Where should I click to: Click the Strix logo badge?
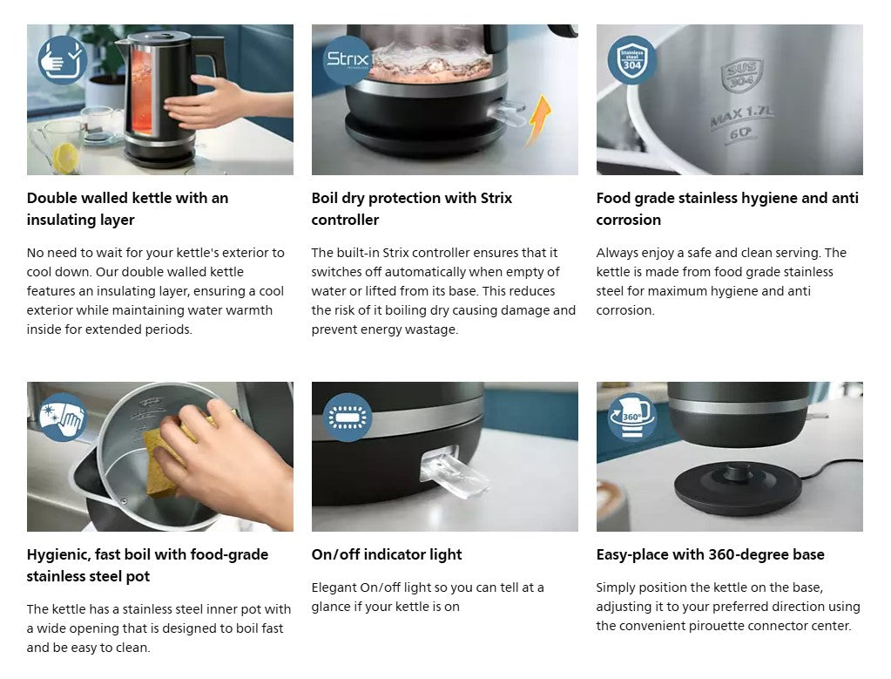click(348, 60)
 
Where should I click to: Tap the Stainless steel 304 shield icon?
click(631, 60)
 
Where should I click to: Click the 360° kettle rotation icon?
click(631, 418)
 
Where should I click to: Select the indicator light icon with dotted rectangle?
click(348, 418)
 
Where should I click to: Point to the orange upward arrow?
click(538, 120)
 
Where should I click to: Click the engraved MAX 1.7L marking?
click(742, 116)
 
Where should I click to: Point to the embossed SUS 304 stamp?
click(742, 74)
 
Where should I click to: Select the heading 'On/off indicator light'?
click(387, 554)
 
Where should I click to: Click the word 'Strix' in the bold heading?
click(496, 198)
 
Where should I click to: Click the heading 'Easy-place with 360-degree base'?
click(711, 554)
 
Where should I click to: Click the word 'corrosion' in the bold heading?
click(629, 220)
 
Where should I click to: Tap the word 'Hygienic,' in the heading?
click(58, 555)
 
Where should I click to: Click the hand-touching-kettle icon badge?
click(63, 60)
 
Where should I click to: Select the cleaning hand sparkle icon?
click(63, 418)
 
